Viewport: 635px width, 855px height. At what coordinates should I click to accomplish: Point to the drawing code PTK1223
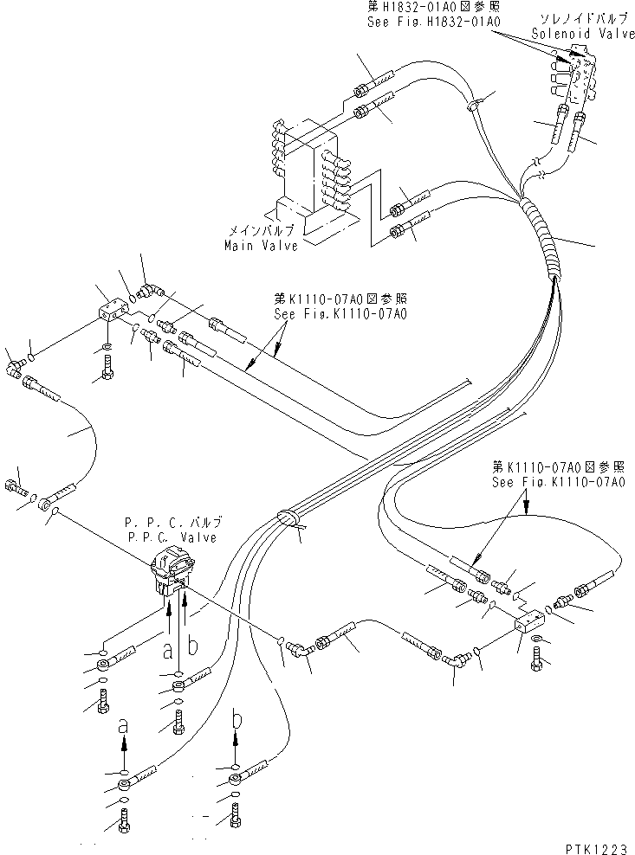[x=594, y=843]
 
